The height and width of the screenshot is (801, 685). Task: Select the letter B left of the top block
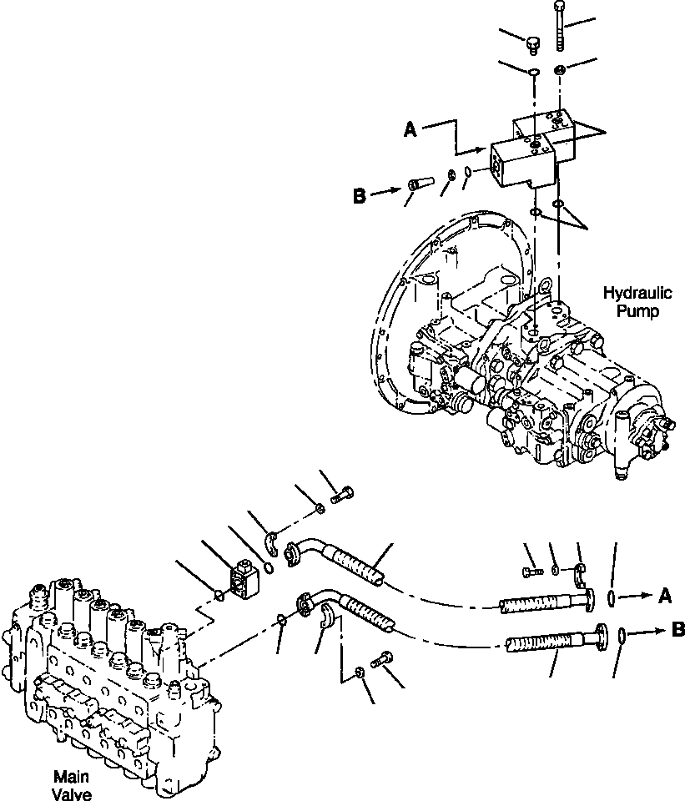pos(360,197)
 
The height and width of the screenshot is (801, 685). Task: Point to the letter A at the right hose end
pos(664,595)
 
